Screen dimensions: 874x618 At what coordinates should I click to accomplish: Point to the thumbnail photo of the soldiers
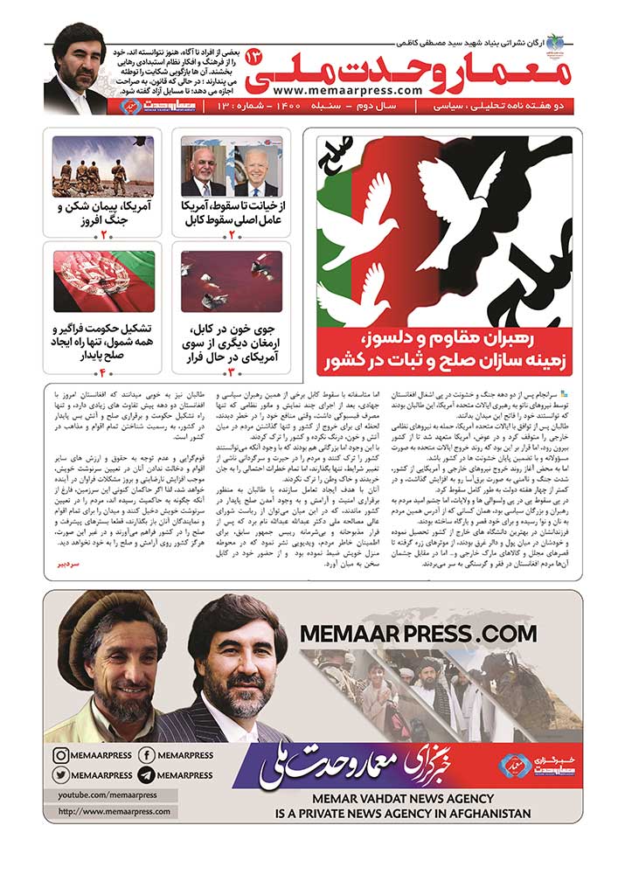(102, 166)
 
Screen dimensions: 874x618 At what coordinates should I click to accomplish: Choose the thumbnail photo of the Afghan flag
(102, 282)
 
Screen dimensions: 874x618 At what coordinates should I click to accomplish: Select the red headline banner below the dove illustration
(444, 350)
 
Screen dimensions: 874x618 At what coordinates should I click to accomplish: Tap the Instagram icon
(61, 755)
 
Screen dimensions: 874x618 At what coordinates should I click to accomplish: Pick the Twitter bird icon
(61, 774)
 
